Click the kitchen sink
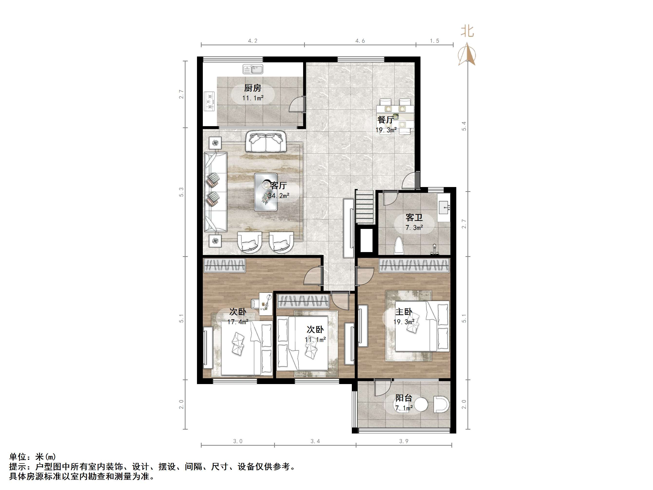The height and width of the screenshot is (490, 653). coord(253,69)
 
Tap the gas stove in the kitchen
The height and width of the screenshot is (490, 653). coord(210,101)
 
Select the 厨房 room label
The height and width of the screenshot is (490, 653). coord(252,88)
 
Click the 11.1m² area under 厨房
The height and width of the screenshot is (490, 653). coord(253,98)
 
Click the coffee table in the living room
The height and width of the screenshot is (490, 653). coord(266,192)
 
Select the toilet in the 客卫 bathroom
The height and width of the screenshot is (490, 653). coord(399,245)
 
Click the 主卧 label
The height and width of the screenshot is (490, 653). coord(403,311)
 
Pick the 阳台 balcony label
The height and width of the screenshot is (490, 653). coord(403,398)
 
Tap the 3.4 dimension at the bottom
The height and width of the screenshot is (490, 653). coord(315,441)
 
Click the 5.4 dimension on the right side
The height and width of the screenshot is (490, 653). coord(464,126)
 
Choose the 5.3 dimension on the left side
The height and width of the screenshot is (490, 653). coord(181,192)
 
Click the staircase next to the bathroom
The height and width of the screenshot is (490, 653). coord(365,207)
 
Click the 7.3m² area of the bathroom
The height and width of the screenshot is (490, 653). coord(414,228)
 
